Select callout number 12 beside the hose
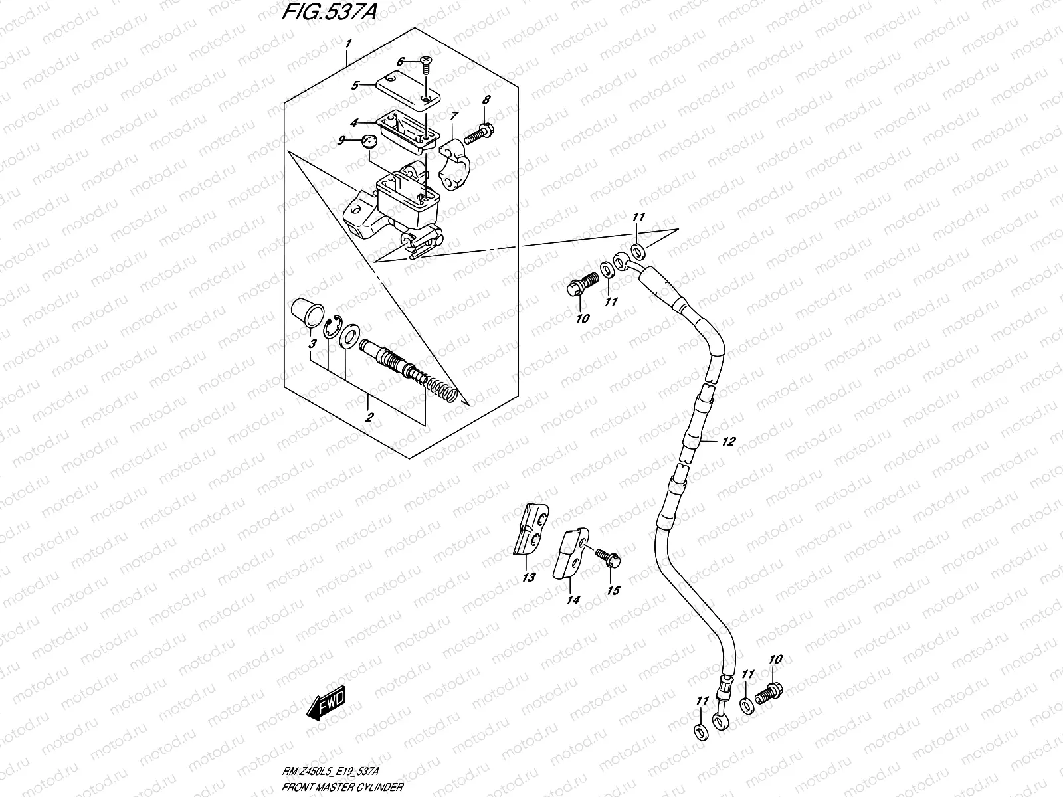pyautogui.click(x=727, y=442)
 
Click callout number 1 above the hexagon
pyautogui.click(x=348, y=44)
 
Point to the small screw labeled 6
pyautogui.click(x=424, y=64)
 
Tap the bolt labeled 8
pyautogui.click(x=474, y=135)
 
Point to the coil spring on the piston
pyautogui.click(x=441, y=389)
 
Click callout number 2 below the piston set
pyautogui.click(x=369, y=418)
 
